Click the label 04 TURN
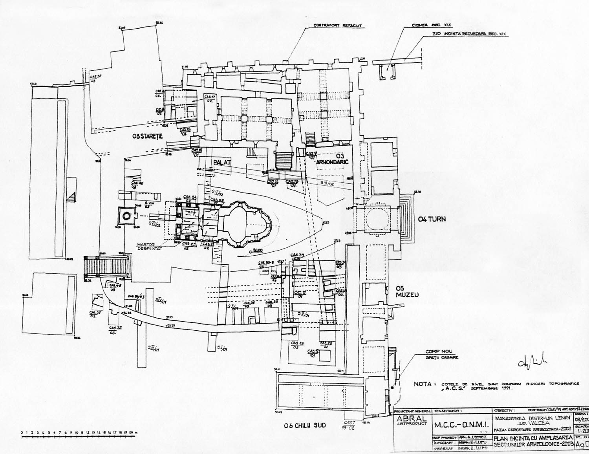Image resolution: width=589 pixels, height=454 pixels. click(x=432, y=219)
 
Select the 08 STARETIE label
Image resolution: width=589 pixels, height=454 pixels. click(x=147, y=136)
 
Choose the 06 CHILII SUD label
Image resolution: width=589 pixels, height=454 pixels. click(x=305, y=425)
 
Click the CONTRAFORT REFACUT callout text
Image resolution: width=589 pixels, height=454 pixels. click(x=337, y=26)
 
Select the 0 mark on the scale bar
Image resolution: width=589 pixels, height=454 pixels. click(x=22, y=433)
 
